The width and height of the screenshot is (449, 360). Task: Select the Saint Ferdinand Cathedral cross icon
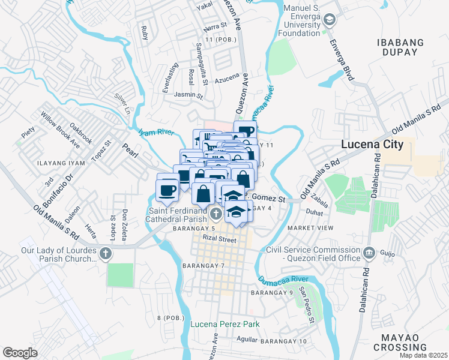pos(217,212)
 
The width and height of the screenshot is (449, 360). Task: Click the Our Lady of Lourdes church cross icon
pos(106,254)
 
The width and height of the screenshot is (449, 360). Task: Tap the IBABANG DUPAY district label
pos(408,47)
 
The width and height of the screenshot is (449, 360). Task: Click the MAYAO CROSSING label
pos(400,342)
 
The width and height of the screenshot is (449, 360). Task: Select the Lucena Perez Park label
pos(225,325)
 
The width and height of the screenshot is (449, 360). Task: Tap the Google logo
pos(20,353)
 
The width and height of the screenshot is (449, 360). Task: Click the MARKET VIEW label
pos(310,229)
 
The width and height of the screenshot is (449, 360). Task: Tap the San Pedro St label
pos(307,305)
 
